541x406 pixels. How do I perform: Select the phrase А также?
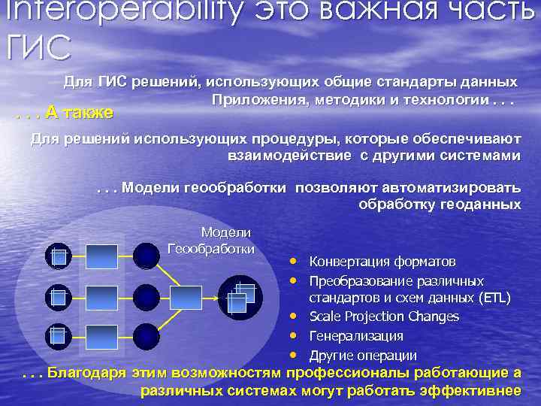coord(78,113)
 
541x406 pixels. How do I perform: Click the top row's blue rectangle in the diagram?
coord(101,256)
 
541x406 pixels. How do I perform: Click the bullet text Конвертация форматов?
coord(382,262)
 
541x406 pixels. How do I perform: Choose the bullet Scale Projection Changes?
coord(384,317)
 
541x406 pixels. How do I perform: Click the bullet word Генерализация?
coord(356,335)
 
